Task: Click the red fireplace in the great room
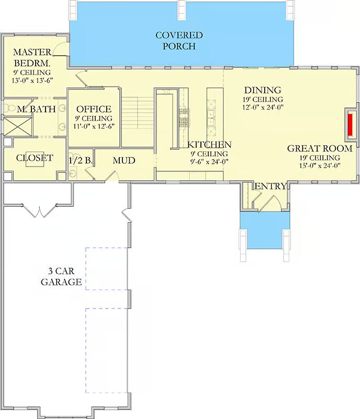click(x=350, y=125)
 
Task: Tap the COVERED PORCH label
click(x=179, y=41)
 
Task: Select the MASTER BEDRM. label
click(x=32, y=58)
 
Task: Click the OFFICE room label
click(x=94, y=109)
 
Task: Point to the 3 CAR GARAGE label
click(x=61, y=277)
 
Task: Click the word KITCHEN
click(x=209, y=145)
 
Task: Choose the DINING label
click(x=263, y=90)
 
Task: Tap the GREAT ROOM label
click(x=320, y=148)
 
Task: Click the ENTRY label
click(x=271, y=186)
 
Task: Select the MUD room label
click(x=124, y=161)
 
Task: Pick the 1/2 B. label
click(x=81, y=161)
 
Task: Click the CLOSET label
click(x=35, y=158)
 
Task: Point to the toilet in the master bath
click(x=10, y=108)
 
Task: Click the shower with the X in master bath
click(x=18, y=126)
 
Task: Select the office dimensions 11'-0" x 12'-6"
click(x=94, y=126)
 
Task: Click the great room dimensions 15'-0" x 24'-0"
click(x=320, y=166)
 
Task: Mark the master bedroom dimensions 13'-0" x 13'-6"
click(x=32, y=81)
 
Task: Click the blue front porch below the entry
click(x=265, y=230)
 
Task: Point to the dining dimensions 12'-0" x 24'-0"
click(x=263, y=107)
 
